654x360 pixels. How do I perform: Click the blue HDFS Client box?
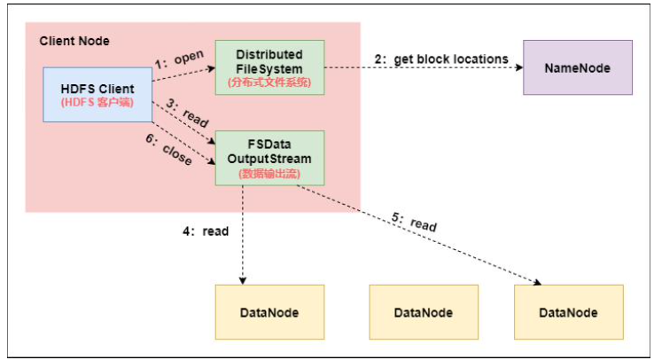pos(97,95)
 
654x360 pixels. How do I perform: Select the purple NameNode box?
pos(577,67)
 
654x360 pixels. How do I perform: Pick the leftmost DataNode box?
pos(270,312)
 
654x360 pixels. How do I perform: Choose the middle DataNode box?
pos(424,312)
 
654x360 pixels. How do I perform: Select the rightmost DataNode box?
pos(568,312)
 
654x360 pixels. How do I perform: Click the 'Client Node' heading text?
pos(74,41)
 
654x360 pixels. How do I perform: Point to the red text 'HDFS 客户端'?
pos(97,103)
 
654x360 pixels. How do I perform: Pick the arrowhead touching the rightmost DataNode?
pos(537,282)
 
